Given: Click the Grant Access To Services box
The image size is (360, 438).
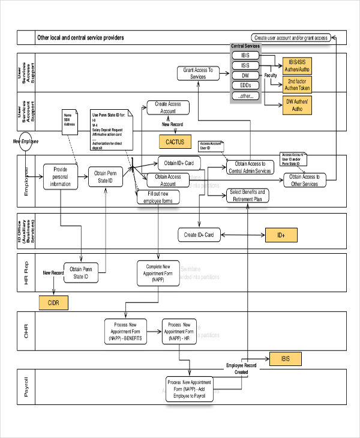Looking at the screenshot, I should pyautogui.click(x=198, y=73).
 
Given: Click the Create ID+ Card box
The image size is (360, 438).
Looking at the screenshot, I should pyautogui.click(x=200, y=235).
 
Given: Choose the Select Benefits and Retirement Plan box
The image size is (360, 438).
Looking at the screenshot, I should pyautogui.click(x=247, y=196).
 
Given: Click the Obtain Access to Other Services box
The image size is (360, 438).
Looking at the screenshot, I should pyautogui.click(x=304, y=180).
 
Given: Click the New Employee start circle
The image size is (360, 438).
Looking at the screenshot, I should pyautogui.click(x=25, y=143).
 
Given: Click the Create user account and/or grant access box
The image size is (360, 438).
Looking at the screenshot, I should pyautogui.click(x=290, y=37).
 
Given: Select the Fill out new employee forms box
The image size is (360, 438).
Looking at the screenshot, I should pyautogui.click(x=158, y=197).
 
